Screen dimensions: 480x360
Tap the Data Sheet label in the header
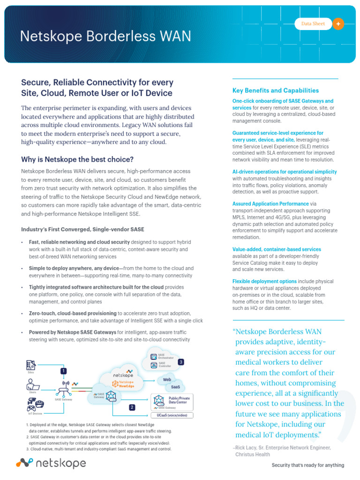tap(313, 24)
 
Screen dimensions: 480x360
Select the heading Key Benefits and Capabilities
tap(276, 90)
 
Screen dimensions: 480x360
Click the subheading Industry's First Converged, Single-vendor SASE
tap(82, 229)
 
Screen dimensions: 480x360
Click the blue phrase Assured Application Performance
tap(270, 204)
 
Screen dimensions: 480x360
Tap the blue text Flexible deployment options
tap(264, 281)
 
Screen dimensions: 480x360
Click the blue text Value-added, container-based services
tap(277, 249)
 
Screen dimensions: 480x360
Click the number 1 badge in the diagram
tap(63, 371)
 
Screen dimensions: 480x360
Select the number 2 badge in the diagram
tap(132, 407)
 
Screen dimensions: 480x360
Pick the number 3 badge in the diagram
tap(180, 362)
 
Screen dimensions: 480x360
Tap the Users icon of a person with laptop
tap(33, 386)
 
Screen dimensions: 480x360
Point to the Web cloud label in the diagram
tap(166, 379)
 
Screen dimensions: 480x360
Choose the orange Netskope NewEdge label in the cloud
tap(126, 383)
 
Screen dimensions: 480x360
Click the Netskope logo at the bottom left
tap(51, 463)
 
